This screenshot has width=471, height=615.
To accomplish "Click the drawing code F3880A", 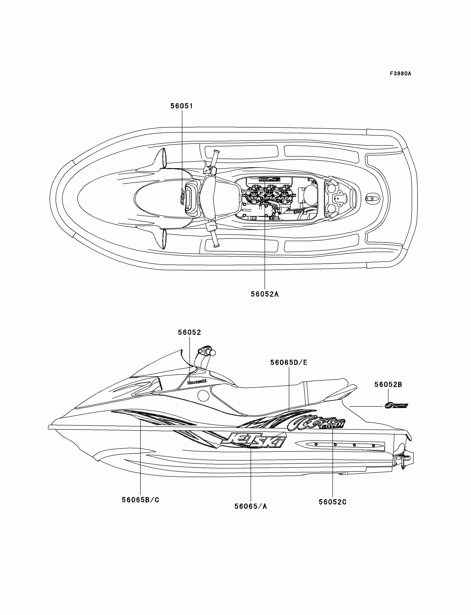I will (400, 74).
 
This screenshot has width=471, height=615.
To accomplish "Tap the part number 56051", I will (182, 106).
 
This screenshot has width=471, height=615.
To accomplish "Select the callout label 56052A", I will (265, 294).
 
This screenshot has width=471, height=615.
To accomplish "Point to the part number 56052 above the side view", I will (190, 332).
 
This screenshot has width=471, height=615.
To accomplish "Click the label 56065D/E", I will (289, 362).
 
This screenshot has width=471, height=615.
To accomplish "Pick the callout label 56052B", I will (388, 385).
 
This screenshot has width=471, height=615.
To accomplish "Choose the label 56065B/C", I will (140, 500).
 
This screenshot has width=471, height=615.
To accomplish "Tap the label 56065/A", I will (251, 506).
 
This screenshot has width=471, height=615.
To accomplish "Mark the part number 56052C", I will (332, 502).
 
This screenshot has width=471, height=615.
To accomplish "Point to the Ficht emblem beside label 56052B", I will (396, 405).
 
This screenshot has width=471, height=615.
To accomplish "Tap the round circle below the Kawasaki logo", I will (203, 395).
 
